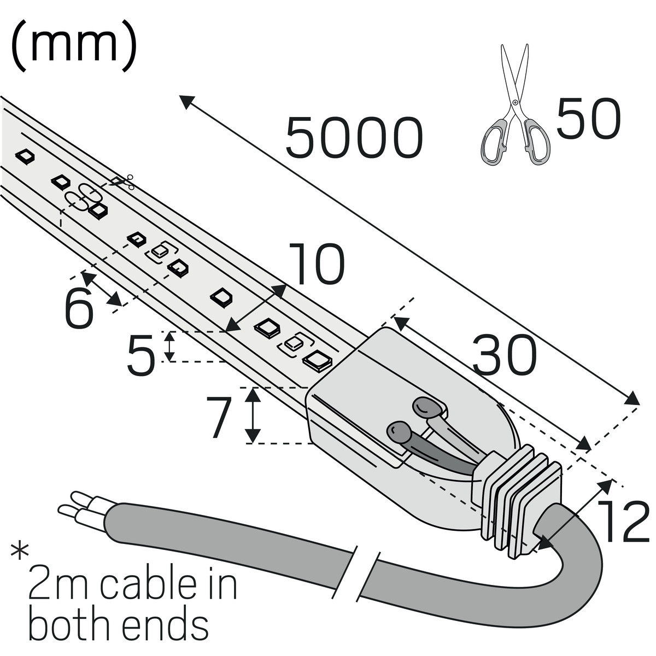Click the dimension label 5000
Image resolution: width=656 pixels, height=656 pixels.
click(354, 138)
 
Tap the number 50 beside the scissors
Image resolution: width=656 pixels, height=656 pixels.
click(588, 119)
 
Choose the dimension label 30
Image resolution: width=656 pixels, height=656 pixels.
click(505, 356)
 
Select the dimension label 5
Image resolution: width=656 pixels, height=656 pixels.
click(141, 356)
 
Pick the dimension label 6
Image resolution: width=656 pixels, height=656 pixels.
click(79, 309)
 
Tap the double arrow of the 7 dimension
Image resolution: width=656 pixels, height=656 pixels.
click(252, 414)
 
